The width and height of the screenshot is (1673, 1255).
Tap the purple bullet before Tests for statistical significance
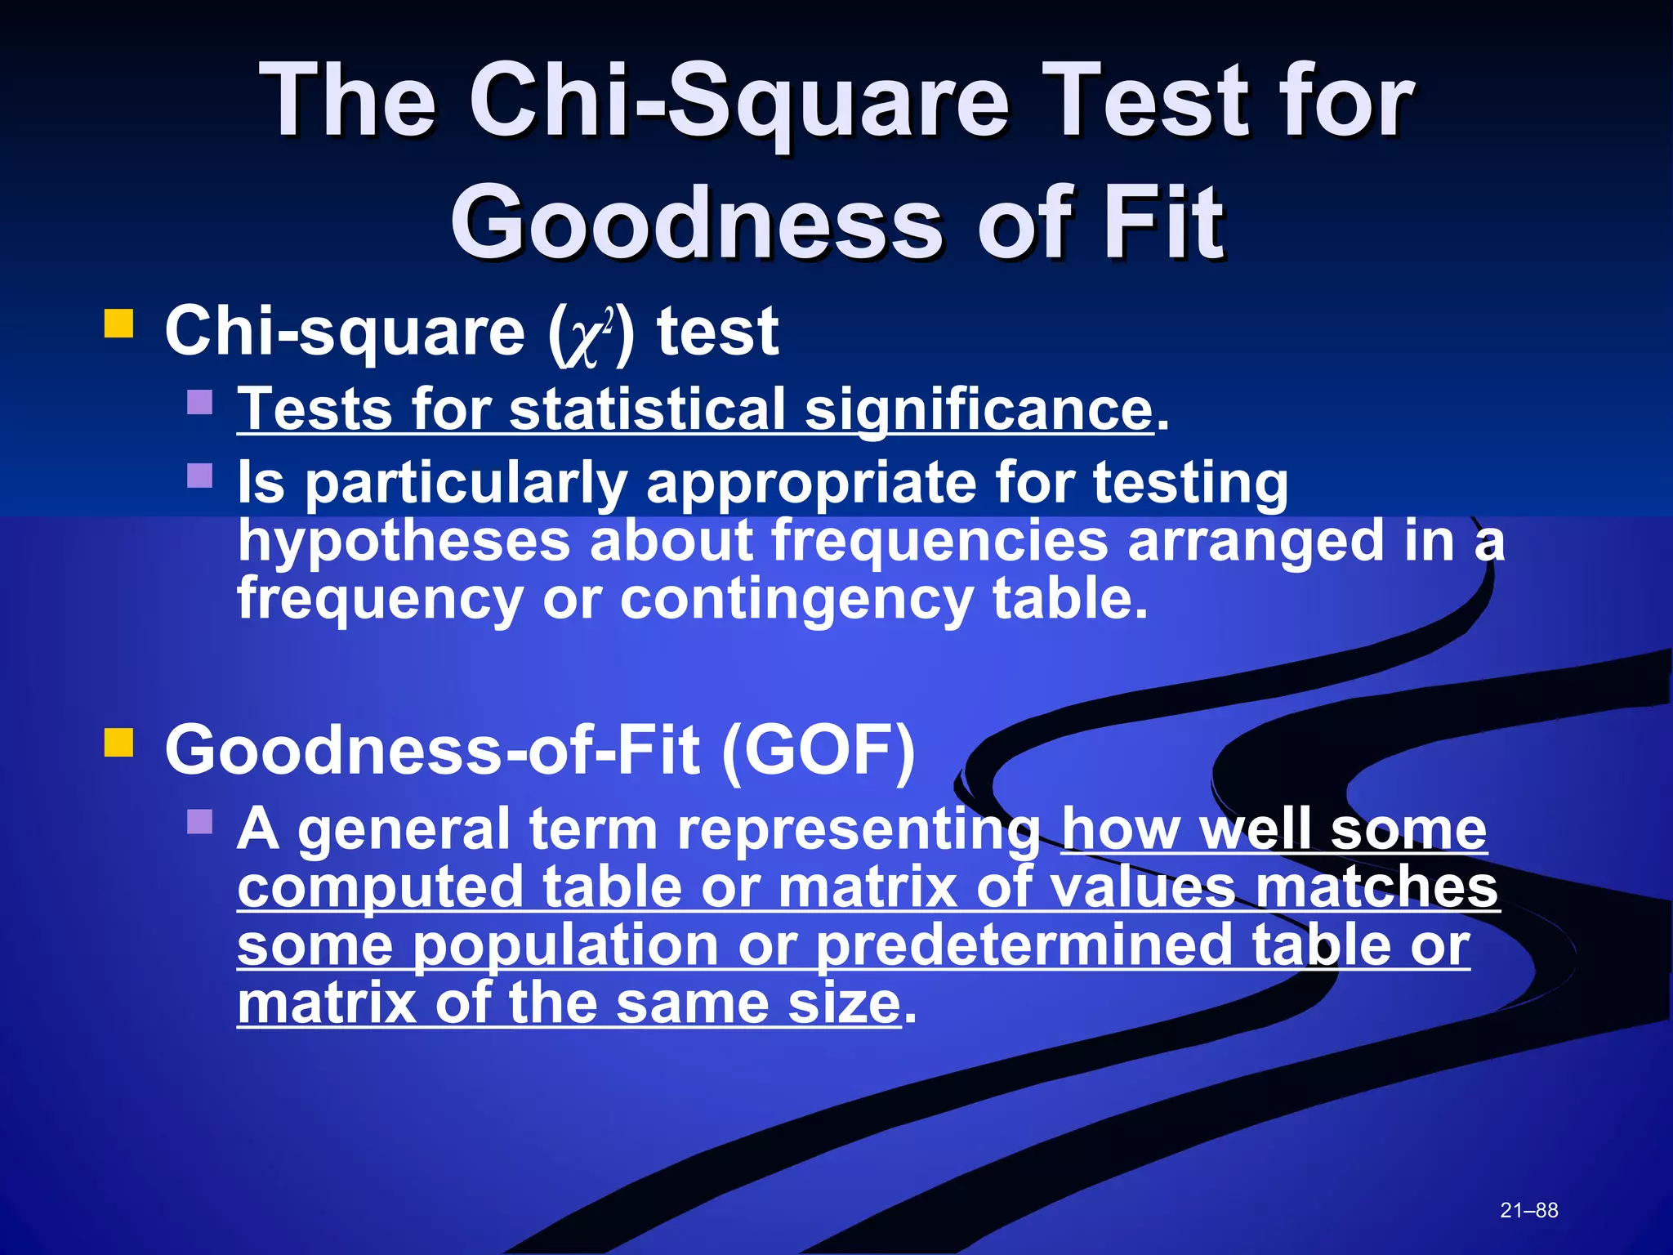tap(199, 401)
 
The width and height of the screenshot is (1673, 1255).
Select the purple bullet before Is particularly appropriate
tap(199, 475)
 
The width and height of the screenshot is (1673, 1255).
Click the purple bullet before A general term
tap(199, 820)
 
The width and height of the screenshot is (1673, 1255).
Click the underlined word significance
tap(979, 410)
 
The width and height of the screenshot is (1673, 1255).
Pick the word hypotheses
tap(404, 543)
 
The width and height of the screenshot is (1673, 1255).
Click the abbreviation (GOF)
tap(819, 750)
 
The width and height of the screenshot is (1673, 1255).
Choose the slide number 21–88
tap(1528, 1210)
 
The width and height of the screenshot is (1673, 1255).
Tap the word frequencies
tap(939, 541)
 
